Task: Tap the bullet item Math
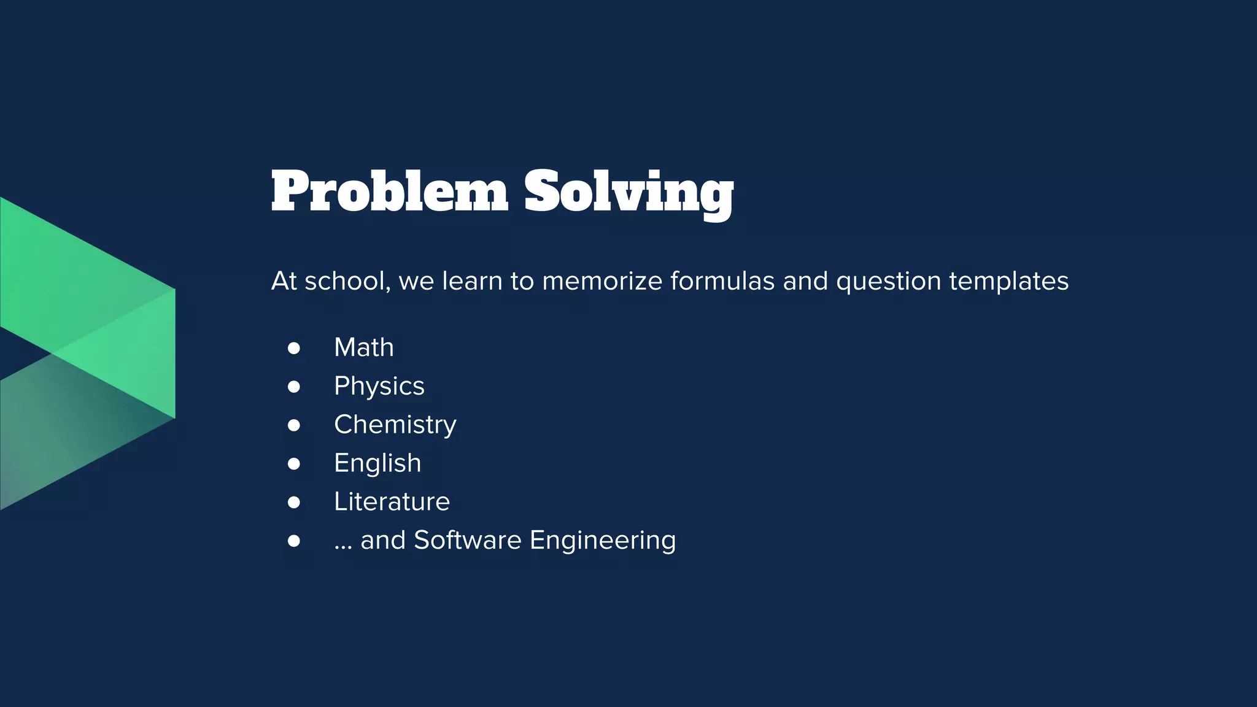(363, 347)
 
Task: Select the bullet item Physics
(379, 387)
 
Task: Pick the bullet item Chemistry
(395, 425)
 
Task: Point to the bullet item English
(377, 463)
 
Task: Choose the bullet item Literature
(392, 502)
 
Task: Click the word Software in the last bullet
(467, 540)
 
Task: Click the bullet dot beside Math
(294, 349)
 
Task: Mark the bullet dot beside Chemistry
(294, 425)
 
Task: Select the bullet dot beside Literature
(294, 503)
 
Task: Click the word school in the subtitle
(347, 281)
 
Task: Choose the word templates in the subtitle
(1008, 281)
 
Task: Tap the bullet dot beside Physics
(294, 387)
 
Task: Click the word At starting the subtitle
(284, 281)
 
